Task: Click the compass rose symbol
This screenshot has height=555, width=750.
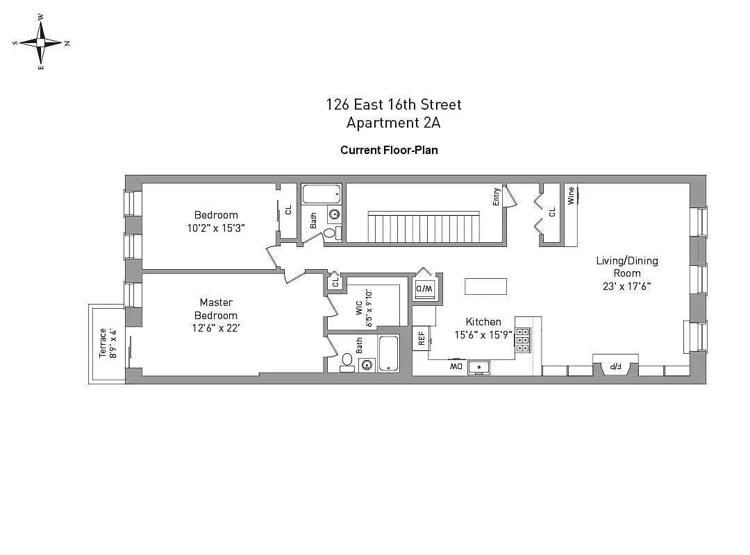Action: (41, 42)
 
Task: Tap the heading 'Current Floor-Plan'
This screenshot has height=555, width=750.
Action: (389, 150)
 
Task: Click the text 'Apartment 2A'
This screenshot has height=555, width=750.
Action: (394, 123)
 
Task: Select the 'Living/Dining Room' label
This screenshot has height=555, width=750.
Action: (626, 267)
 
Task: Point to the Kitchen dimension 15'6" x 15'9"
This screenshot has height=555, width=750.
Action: (483, 334)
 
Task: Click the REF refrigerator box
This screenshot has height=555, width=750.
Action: (421, 337)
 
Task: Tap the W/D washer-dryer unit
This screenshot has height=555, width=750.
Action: (423, 288)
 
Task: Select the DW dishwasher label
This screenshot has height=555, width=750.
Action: (456, 366)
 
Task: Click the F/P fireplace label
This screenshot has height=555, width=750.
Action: (615, 366)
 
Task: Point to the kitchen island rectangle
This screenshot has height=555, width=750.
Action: (485, 286)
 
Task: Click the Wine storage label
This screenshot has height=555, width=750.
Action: (571, 196)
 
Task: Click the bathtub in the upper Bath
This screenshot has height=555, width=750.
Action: (321, 194)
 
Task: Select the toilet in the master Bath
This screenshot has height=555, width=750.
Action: (347, 361)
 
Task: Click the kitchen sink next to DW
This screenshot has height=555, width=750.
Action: (478, 367)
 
